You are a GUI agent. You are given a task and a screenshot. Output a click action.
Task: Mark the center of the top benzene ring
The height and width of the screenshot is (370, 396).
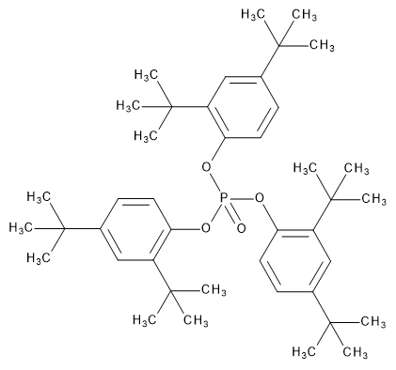click(242, 110)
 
